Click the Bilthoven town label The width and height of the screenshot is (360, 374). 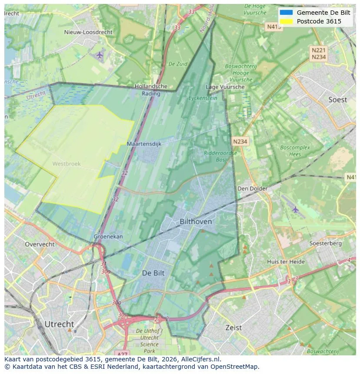(196, 222)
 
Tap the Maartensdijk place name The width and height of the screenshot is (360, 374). (144, 144)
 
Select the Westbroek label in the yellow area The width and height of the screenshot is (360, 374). (66, 164)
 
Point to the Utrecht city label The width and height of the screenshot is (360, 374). (59, 324)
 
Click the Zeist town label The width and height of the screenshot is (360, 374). (233, 328)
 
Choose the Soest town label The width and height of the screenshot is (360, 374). (337, 100)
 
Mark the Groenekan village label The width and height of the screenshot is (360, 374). (108, 237)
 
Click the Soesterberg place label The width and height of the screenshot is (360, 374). (325, 244)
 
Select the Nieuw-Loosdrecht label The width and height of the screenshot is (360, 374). (88, 32)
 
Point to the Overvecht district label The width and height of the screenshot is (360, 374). (40, 245)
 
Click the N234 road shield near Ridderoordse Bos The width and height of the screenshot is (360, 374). (240, 142)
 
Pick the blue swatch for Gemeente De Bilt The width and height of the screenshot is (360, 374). (286, 13)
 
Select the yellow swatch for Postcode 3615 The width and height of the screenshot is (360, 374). (286, 21)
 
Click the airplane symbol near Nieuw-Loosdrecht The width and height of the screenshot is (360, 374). (100, 55)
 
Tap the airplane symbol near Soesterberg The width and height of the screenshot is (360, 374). (296, 209)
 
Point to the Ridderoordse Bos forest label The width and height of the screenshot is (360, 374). (220, 156)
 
